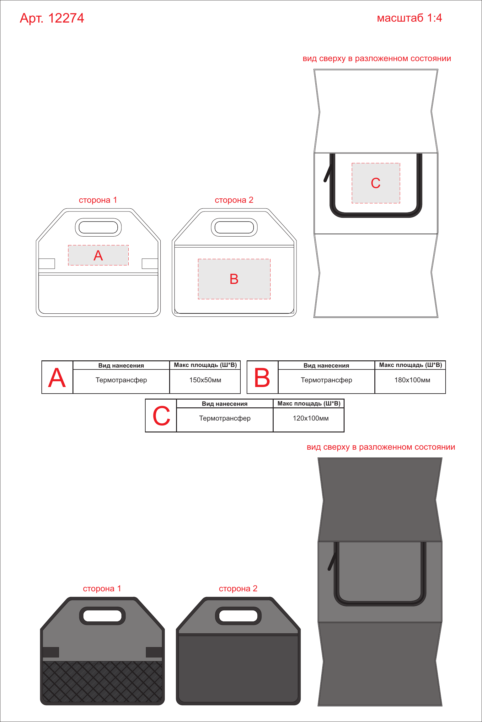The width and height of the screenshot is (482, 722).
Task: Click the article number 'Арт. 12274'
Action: [x=52, y=18]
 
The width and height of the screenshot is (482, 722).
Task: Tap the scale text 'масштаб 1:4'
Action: [x=409, y=18]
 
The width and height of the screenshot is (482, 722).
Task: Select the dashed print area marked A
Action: [x=98, y=255]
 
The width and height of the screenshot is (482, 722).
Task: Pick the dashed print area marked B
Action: [x=234, y=279]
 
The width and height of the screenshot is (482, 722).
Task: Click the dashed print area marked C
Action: [x=376, y=183]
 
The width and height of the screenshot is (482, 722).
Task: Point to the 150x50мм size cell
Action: [x=205, y=380]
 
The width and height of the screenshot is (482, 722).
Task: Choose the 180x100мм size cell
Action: [x=412, y=380]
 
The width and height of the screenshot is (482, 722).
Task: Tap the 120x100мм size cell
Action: [x=311, y=418]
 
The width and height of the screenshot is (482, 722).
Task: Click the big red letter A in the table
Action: [x=57, y=378]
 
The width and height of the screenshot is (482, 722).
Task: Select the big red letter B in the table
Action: [x=262, y=378]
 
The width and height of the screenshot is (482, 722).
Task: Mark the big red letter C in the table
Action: [x=161, y=416]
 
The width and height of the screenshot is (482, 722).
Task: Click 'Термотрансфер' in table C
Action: [x=225, y=418]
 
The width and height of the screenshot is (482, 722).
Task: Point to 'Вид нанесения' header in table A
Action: [x=121, y=365]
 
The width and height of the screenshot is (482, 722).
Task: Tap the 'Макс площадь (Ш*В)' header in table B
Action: [x=410, y=365]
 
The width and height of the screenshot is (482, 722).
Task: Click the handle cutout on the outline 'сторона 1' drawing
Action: [x=98, y=227]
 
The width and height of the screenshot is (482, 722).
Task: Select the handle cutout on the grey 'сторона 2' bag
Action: [x=238, y=616]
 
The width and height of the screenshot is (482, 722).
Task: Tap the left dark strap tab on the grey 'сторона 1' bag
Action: [x=51, y=652]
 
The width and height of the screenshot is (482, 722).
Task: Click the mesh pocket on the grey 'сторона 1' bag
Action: [x=103, y=682]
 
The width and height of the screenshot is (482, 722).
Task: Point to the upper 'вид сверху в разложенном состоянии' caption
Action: [x=377, y=59]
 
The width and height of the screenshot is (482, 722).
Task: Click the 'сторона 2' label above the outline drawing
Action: [x=234, y=200]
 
